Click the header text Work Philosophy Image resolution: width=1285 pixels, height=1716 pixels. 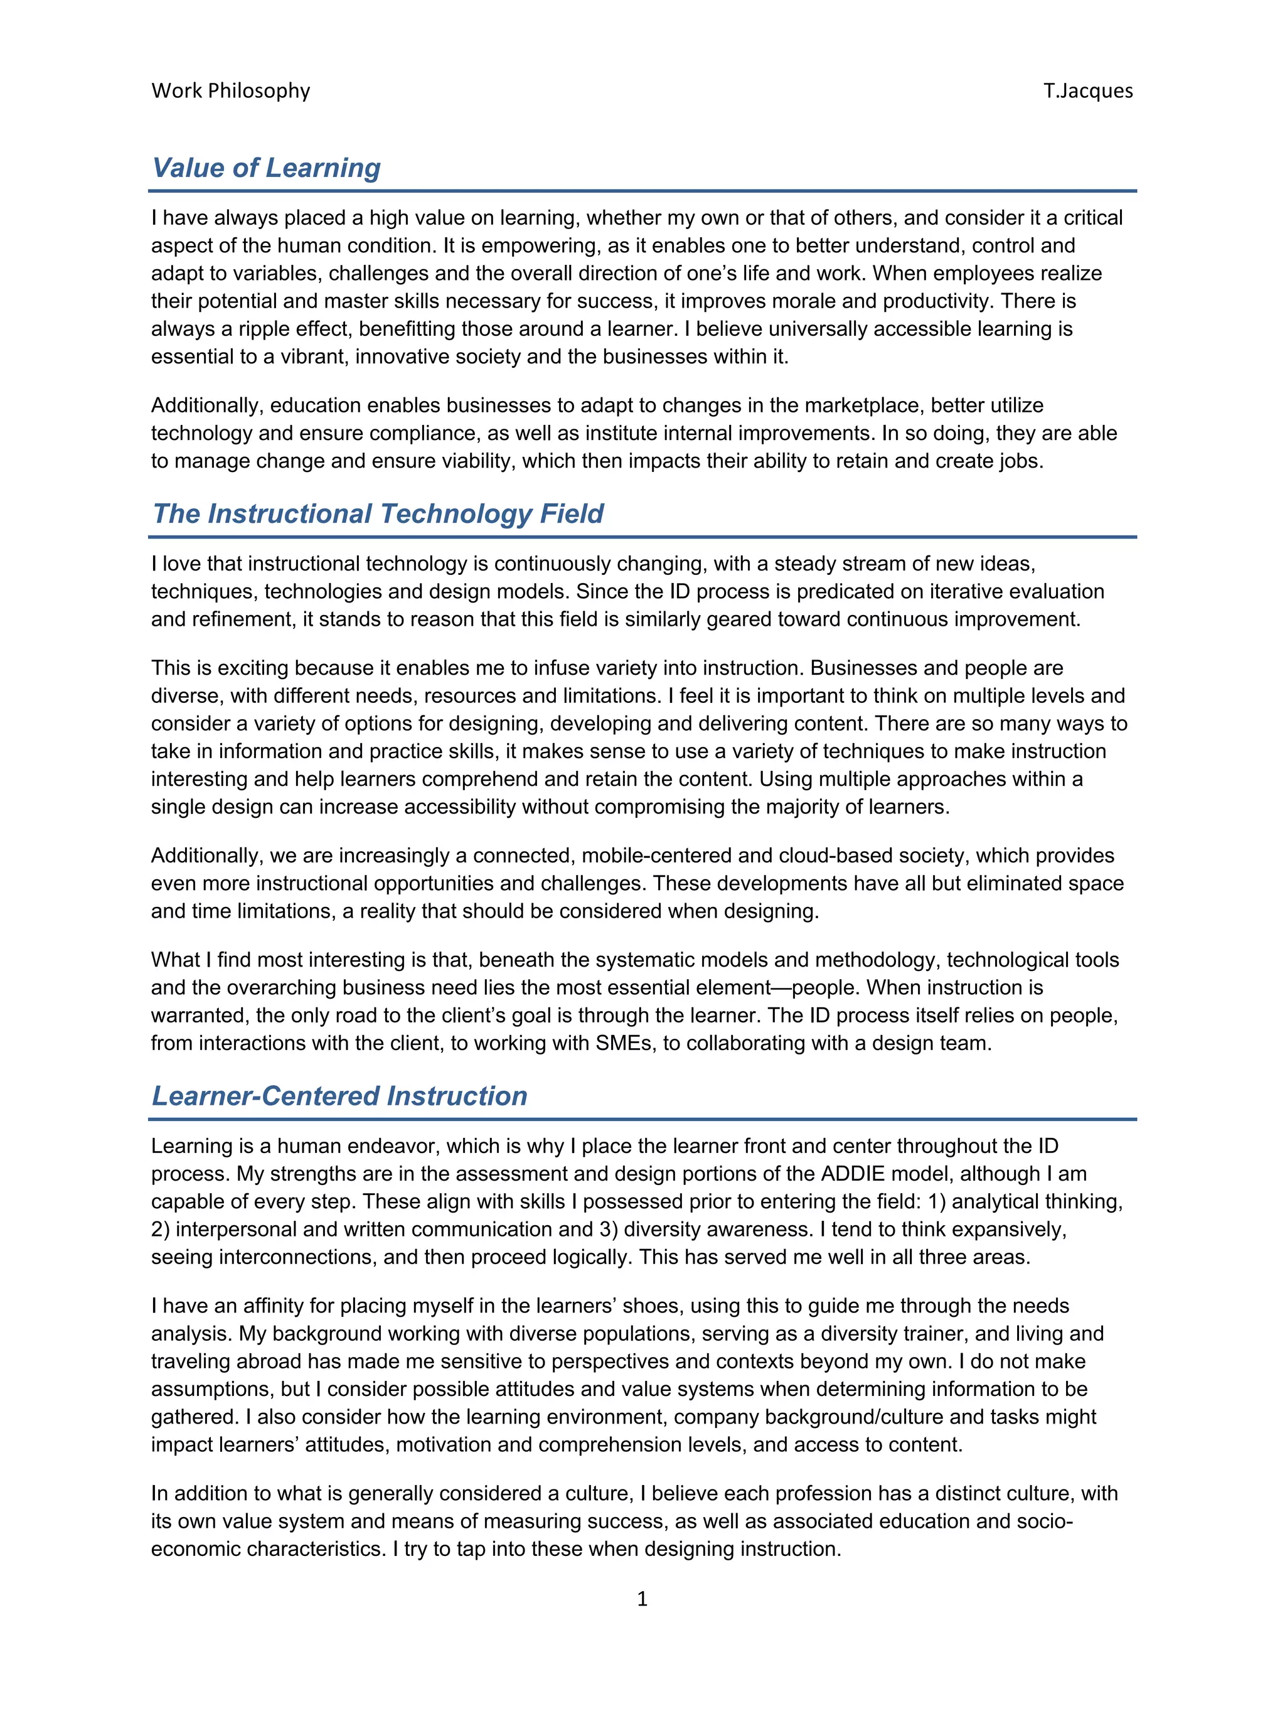pos(230,91)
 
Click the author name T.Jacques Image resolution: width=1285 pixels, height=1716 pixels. pos(1087,91)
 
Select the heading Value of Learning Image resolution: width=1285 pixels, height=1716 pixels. pos(266,168)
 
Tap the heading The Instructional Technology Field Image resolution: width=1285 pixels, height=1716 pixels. pos(378,513)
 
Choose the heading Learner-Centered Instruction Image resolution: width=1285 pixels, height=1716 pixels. pos(339,1095)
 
